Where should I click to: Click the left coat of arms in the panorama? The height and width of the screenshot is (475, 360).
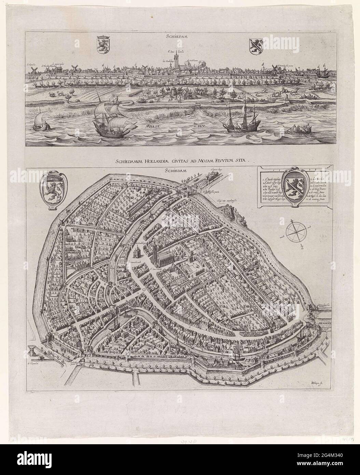point(102,44)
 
